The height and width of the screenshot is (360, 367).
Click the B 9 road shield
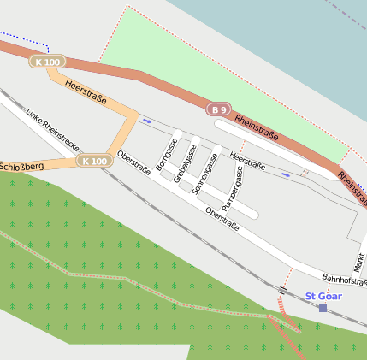pyautogui.click(x=219, y=109)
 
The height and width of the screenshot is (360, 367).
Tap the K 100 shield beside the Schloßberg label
pyautogui.click(x=94, y=161)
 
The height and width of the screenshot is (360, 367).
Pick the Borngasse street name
pyautogui.click(x=165, y=156)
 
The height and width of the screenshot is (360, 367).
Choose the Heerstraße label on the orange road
pyautogui.click(x=86, y=91)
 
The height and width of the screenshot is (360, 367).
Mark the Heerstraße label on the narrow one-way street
pyautogui.click(x=248, y=162)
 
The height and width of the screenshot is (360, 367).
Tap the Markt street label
pyautogui.click(x=358, y=262)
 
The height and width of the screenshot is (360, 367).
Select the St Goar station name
pyautogui.click(x=323, y=296)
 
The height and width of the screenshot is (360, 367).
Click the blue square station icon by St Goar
pyautogui.click(x=323, y=308)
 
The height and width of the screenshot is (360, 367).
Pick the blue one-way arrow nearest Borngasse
pyautogui.click(x=146, y=121)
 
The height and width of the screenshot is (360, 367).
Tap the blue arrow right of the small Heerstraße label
pyautogui.click(x=286, y=174)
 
